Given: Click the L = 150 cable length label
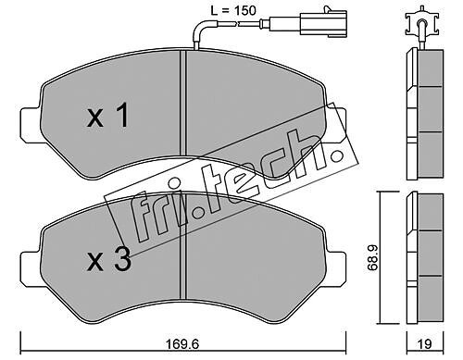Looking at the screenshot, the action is click(233, 11).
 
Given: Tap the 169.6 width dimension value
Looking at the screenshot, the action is click(182, 344).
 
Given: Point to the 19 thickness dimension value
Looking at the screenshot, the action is click(424, 344).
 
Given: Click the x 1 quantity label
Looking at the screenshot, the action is click(107, 116).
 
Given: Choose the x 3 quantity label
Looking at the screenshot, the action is click(109, 260).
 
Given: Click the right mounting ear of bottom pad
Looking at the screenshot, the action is click(336, 267).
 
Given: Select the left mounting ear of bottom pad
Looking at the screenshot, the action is click(31, 267).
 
